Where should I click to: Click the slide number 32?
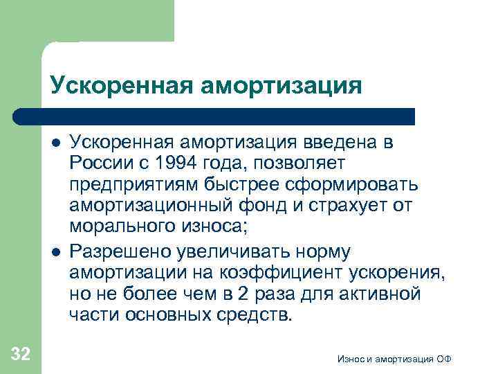point(21,355)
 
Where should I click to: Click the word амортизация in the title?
point(283,87)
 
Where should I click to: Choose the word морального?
point(113,227)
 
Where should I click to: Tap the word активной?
point(380,294)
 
